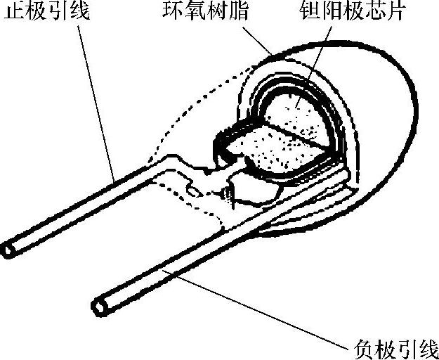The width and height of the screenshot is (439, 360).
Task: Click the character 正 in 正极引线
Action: [11, 13]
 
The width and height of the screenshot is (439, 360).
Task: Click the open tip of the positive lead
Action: [9, 249]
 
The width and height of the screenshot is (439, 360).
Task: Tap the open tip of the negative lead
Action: [100, 307]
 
